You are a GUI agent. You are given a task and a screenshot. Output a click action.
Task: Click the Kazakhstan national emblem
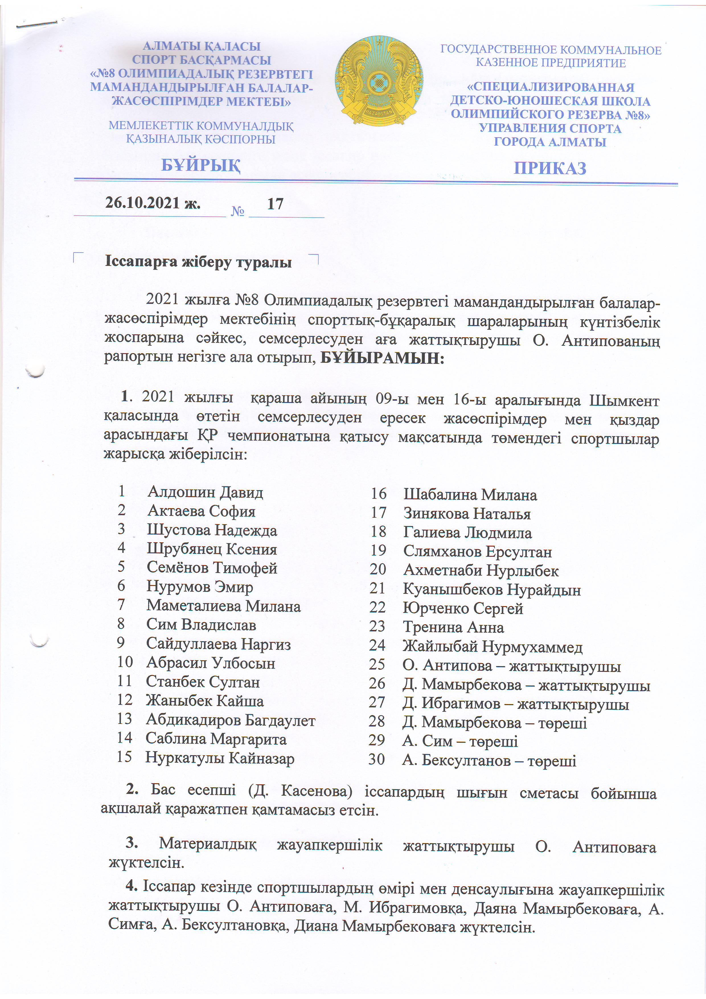[x=378, y=81]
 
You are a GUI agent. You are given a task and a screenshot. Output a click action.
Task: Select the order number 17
[x=275, y=204]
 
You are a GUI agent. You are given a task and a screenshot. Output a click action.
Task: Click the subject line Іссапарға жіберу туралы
[x=198, y=262]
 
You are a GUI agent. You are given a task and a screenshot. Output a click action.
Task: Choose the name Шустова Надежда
[x=212, y=530]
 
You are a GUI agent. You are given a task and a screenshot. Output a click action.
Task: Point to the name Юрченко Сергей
[x=463, y=608]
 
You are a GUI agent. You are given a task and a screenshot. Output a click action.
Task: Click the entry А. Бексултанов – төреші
[x=489, y=761]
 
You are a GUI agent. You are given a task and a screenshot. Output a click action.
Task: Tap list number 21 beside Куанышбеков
[x=377, y=589]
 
